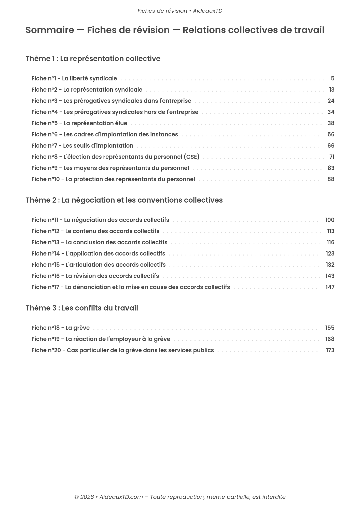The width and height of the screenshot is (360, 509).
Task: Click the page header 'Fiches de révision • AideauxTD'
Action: pyautogui.click(x=180, y=11)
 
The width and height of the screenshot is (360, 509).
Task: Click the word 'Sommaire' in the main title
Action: pyautogui.click(x=50, y=30)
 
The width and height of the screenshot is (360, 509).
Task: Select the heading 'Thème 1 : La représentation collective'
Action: pyautogui.click(x=93, y=59)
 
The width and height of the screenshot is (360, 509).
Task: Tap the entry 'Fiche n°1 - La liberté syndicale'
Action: pyautogui.click(x=74, y=78)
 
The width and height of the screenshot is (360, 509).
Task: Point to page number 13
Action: pyautogui.click(x=331, y=90)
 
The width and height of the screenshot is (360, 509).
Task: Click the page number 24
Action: pyautogui.click(x=331, y=101)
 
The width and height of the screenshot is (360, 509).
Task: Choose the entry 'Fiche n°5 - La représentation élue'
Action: pyautogui.click(x=79, y=123)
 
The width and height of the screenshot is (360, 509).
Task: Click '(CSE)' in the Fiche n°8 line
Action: pyautogui.click(x=191, y=157)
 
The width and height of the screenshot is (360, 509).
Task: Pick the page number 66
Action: pyautogui.click(x=331, y=146)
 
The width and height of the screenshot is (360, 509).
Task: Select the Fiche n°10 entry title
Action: pyautogui.click(x=113, y=179)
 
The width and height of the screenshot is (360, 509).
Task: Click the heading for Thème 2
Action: pyautogui.click(x=124, y=200)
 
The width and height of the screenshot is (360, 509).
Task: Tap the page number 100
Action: pyautogui.click(x=330, y=220)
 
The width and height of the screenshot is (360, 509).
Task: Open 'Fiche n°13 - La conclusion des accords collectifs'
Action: pyautogui.click(x=99, y=242)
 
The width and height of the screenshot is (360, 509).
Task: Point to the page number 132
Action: pyautogui.click(x=330, y=265)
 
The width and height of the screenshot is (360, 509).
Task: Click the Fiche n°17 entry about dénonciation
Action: pyautogui.click(x=131, y=287)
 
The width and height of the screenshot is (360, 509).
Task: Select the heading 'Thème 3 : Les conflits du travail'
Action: pyautogui.click(x=82, y=308)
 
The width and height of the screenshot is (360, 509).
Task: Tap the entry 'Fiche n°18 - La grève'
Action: pyautogui.click(x=61, y=328)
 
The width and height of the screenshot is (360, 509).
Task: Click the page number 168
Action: pyautogui.click(x=330, y=339)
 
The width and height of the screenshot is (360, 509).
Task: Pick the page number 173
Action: pyautogui.click(x=330, y=350)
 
